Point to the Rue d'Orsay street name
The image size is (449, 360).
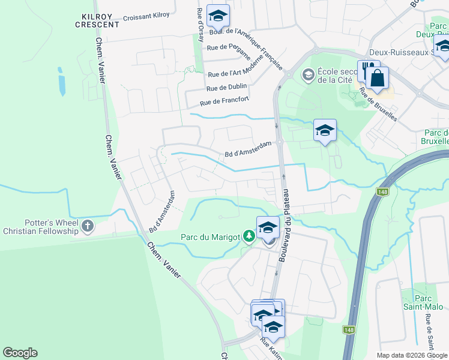click(x=200, y=25)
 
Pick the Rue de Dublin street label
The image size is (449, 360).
click(x=228, y=88)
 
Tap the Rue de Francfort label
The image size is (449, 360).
click(x=224, y=101)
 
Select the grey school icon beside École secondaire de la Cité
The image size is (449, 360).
click(x=309, y=75)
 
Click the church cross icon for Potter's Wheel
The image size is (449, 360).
click(x=88, y=226)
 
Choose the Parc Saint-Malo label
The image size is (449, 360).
click(x=427, y=302)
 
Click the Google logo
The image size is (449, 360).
click(x=20, y=353)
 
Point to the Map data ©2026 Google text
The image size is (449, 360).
click(x=412, y=355)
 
